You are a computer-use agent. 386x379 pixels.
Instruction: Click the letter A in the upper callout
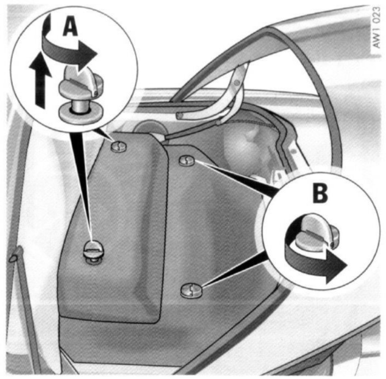click(70, 27)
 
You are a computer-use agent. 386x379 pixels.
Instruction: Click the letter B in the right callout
click(320, 194)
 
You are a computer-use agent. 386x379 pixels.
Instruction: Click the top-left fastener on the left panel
click(119, 147)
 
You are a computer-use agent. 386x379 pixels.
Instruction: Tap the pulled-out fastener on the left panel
click(94, 252)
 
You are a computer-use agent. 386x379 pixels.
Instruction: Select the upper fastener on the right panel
click(187, 161)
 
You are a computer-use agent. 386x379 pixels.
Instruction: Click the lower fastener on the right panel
click(191, 290)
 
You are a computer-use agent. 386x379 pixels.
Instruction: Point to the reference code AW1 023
click(376, 27)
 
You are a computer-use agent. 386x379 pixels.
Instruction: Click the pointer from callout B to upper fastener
click(234, 177)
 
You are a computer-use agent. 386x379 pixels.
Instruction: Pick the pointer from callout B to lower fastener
click(234, 271)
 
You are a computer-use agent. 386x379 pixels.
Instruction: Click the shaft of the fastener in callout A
click(80, 105)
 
